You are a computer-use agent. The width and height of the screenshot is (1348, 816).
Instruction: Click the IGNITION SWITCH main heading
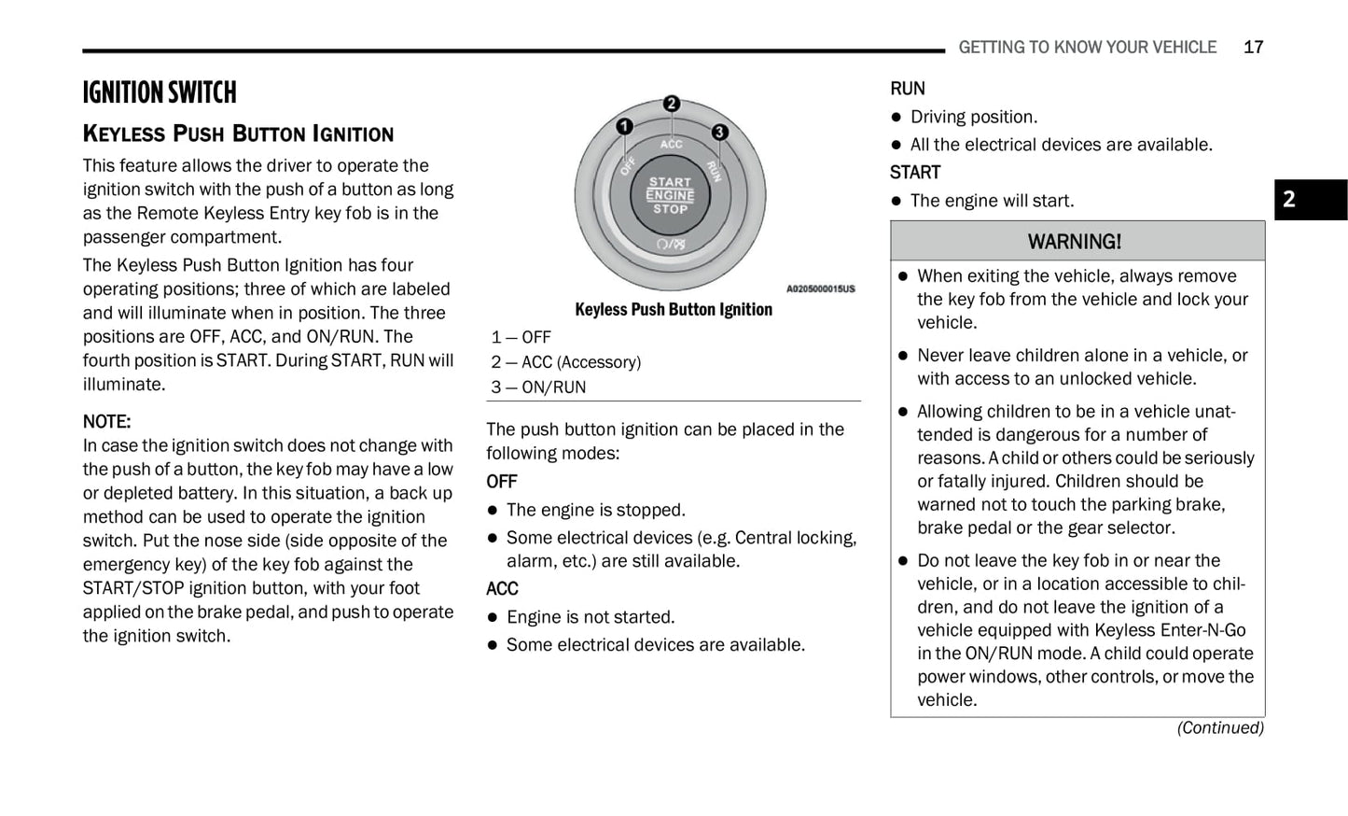160,92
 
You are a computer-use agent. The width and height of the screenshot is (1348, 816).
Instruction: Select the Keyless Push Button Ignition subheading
238,134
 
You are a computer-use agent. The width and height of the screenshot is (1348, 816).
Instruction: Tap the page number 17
1253,48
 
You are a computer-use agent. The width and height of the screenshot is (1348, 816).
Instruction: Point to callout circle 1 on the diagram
624,126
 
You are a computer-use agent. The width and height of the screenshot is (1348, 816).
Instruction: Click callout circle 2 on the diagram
671,105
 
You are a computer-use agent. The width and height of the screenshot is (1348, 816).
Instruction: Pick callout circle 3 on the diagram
719,133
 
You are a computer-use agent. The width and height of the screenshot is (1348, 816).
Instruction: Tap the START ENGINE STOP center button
670,196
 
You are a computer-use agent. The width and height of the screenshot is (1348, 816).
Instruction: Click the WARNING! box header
1077,242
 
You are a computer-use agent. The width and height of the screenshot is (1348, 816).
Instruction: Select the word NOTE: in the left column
106,421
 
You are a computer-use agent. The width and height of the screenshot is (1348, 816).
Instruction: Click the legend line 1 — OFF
521,337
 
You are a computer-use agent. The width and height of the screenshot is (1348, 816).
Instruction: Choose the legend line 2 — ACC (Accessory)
566,362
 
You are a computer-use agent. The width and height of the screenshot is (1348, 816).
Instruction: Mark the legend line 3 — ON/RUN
538,387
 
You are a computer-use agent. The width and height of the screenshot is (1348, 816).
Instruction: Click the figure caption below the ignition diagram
674,310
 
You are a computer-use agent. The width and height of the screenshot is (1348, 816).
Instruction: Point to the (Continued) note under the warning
1219,727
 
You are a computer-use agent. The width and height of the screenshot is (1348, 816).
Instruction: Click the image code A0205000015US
820,289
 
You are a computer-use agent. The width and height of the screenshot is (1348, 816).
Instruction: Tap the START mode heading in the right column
915,173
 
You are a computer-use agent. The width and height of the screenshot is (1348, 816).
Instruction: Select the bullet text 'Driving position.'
973,117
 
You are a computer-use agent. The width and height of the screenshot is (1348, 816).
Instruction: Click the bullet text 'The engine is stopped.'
595,510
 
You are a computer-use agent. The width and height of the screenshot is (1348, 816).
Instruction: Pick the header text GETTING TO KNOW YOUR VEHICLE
1087,48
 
